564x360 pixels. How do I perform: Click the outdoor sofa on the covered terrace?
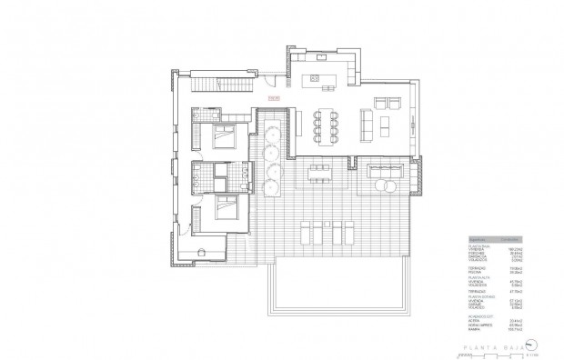click(x=388, y=170)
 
